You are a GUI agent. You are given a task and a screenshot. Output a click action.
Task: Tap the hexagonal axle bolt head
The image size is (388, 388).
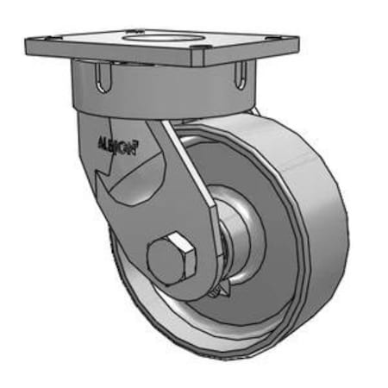coord(172,257)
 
